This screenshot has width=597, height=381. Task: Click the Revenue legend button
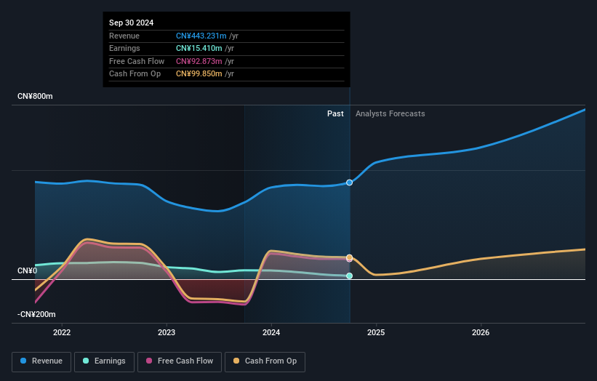[42, 361]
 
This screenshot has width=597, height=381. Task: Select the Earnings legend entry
[104, 361]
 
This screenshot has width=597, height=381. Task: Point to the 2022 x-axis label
[62, 333]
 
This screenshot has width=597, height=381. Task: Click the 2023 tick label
[167, 333]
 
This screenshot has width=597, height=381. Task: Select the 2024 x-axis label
[271, 333]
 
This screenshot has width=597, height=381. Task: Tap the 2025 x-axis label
[376, 333]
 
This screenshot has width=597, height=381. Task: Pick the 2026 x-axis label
[481, 333]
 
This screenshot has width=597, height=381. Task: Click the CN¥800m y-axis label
[36, 97]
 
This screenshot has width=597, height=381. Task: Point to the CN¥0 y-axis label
[28, 271]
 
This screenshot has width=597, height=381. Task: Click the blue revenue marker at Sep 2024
[350, 183]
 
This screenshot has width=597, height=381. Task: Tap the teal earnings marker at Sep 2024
[350, 276]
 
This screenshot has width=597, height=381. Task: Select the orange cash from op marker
[350, 257]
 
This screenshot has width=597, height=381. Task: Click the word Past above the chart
[335, 113]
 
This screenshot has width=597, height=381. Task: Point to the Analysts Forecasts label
[390, 113]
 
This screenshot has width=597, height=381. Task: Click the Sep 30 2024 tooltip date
[132, 23]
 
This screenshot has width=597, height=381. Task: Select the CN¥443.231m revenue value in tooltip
[201, 36]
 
